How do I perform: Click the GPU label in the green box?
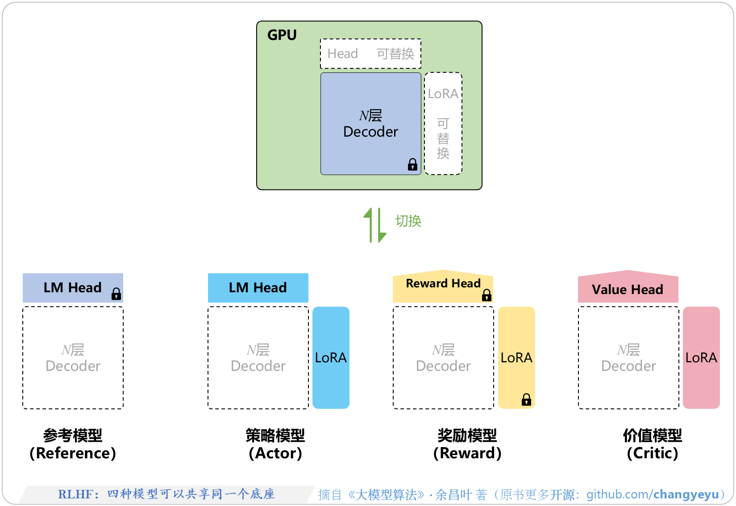282,35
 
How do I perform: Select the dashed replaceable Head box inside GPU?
370,54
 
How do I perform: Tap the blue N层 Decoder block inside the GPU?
370,124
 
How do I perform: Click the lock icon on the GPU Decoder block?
412,165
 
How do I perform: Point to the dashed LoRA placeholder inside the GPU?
443,124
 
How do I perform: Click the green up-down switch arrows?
374,225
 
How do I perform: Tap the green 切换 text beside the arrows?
408,221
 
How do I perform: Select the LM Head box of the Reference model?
73,288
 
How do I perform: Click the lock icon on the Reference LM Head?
116,294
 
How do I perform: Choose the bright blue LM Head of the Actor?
258,288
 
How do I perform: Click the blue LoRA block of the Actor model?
331,357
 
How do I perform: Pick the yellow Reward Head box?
443,286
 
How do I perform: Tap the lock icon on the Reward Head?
487,295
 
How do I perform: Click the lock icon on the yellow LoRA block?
526,399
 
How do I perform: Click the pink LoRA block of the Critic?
701,357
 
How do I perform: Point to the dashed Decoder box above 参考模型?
73,357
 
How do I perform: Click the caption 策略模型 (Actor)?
275,444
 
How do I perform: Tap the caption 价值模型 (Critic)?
653,444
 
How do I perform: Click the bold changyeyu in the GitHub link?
686,494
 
